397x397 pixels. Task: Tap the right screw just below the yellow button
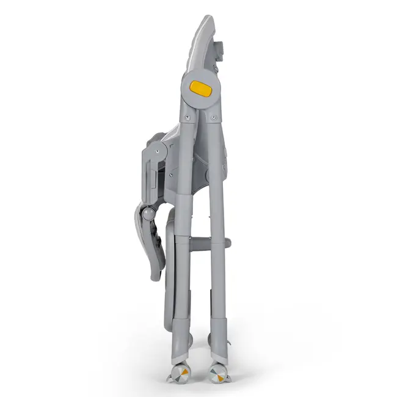tap(216, 114)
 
